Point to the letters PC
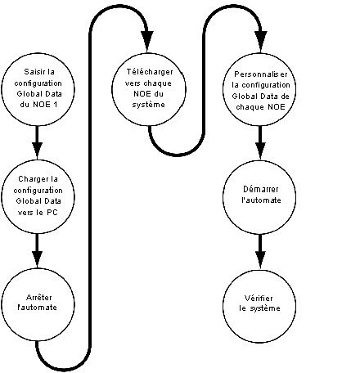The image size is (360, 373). (x=52, y=213)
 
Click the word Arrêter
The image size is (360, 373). (x=39, y=297)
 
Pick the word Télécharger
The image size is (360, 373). (x=150, y=72)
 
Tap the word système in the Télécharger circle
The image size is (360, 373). (x=149, y=105)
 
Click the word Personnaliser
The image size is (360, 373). (x=261, y=74)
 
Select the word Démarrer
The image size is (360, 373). (x=261, y=189)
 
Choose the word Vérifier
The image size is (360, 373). (x=259, y=298)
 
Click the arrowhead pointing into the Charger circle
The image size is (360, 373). (x=37, y=151)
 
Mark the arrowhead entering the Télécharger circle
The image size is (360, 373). (x=147, y=41)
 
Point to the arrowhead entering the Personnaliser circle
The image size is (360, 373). (x=261, y=41)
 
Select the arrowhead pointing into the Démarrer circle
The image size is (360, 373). (x=260, y=151)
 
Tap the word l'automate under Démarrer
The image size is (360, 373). (x=261, y=200)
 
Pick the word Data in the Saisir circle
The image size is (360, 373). (x=52, y=94)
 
